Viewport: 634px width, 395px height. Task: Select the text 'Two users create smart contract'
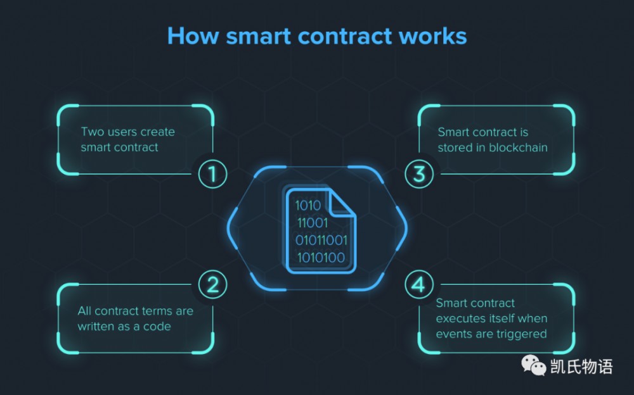tap(127, 139)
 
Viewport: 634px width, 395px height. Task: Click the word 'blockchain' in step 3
tap(518, 147)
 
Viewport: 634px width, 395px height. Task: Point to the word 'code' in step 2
tap(157, 327)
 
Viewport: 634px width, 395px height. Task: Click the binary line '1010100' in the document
tap(321, 258)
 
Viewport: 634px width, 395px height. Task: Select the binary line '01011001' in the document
tap(321, 241)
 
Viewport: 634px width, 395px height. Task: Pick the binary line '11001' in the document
tap(313, 223)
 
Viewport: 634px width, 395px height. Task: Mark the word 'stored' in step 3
tap(454, 147)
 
